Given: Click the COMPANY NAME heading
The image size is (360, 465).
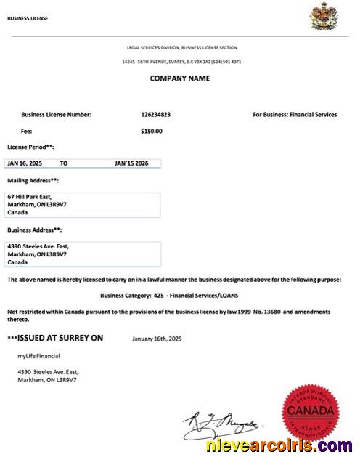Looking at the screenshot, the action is pyautogui.click(x=179, y=78).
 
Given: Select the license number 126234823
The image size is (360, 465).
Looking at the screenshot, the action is pyautogui.click(x=157, y=114).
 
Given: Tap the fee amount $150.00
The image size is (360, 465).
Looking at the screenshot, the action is pyautogui.click(x=152, y=132).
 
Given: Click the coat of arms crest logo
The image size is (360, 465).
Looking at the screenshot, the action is pyautogui.click(x=320, y=15).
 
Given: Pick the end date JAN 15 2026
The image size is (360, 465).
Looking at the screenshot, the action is pyautogui.click(x=136, y=163).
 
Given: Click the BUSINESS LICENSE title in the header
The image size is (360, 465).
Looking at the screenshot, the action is pyautogui.click(x=28, y=18).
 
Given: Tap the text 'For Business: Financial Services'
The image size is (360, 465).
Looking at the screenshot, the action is pyautogui.click(x=295, y=114).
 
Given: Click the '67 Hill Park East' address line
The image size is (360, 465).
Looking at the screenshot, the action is pyautogui.click(x=28, y=196).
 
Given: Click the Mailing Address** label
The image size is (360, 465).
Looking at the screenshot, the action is pyautogui.click(x=33, y=180).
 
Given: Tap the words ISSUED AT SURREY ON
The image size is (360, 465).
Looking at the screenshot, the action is pyautogui.click(x=57, y=338).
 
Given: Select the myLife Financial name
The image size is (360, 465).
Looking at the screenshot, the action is pyautogui.click(x=39, y=355).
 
